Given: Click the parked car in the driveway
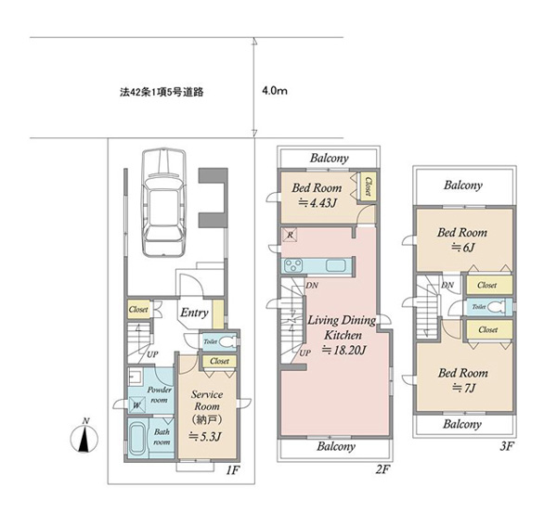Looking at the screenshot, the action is [x=163, y=202].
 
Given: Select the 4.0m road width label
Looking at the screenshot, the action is [x=275, y=91].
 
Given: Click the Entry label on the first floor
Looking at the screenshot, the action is [x=194, y=313].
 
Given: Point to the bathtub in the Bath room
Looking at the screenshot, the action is [x=137, y=438].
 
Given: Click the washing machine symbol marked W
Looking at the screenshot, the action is [x=136, y=404].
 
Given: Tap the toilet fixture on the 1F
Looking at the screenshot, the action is [x=227, y=341].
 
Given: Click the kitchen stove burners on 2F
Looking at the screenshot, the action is [x=293, y=265].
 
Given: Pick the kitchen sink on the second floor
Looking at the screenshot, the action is [x=336, y=265].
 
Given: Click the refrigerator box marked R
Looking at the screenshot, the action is [x=290, y=235].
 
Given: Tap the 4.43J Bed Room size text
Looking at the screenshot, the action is [x=317, y=203].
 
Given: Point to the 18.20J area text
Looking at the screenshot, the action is [x=343, y=351].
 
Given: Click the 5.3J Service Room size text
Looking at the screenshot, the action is [x=205, y=436].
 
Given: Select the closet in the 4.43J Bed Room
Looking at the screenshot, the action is [x=368, y=186].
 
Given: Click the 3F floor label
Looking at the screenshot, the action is [x=507, y=445].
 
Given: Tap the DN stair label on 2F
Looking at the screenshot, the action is [x=312, y=285].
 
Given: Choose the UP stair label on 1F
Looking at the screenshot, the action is [x=152, y=354].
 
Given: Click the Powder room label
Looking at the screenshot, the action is [x=159, y=395].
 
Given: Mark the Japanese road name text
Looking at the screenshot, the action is [x=162, y=92].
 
